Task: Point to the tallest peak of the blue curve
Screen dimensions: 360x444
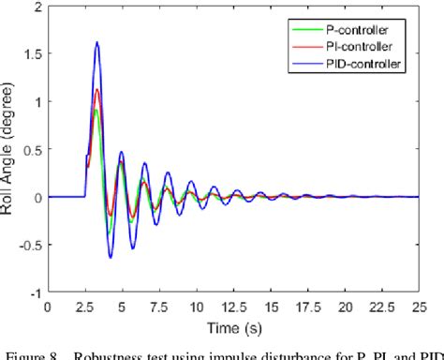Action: tap(96, 42)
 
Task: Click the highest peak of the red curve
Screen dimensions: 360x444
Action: tap(96, 90)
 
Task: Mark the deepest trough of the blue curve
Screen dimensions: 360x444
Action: tap(111, 258)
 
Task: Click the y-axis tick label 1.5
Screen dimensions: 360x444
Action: tap(35, 54)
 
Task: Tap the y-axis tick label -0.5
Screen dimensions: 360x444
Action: tap(33, 245)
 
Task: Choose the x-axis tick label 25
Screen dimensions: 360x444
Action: tap(418, 306)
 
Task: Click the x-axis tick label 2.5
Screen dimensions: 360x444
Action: tap(84, 306)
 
